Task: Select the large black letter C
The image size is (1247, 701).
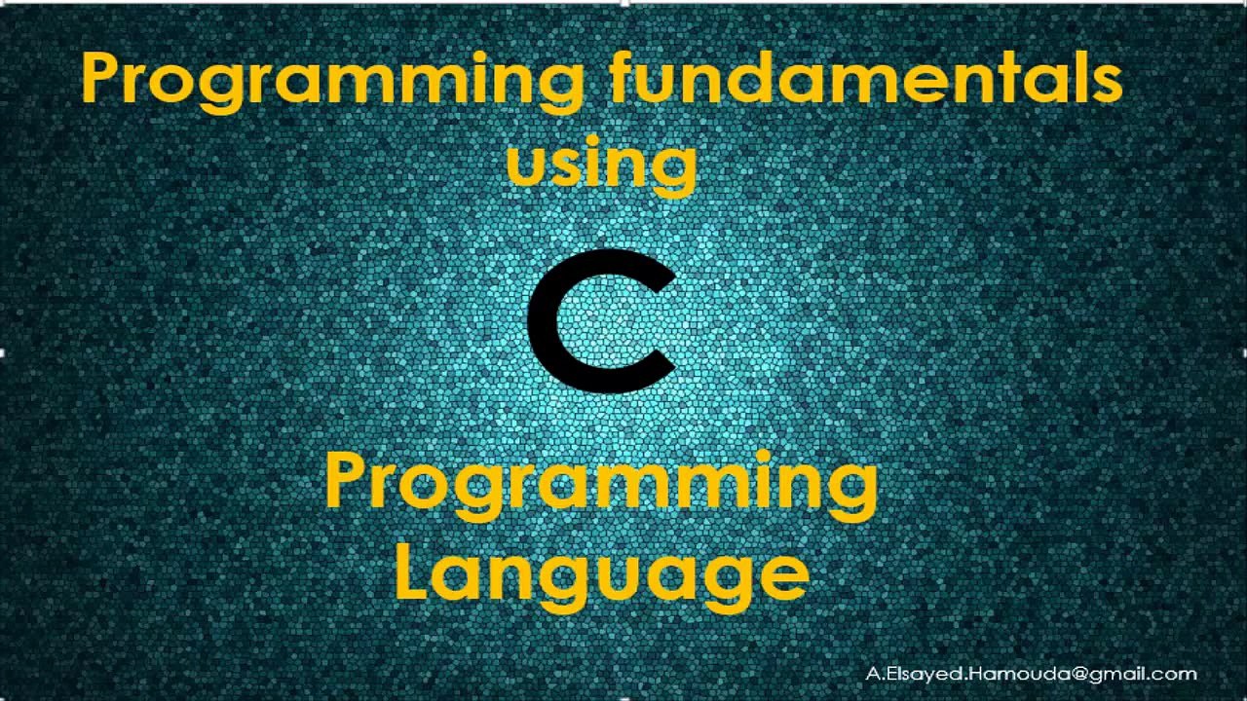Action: [602, 321]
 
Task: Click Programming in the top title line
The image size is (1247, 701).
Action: [331, 80]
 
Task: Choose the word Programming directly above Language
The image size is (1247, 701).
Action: [601, 484]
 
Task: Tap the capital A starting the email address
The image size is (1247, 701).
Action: [872, 674]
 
